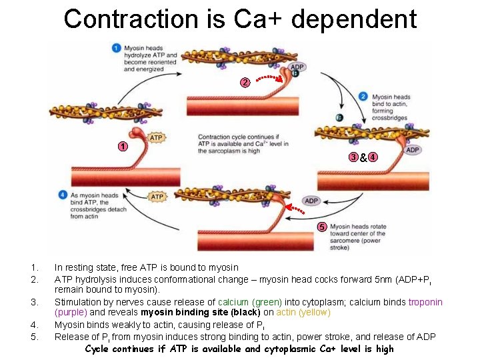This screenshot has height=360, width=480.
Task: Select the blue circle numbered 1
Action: tap(116, 48)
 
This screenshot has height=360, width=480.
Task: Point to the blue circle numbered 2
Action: tap(363, 97)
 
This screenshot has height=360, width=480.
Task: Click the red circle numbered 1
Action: tap(122, 147)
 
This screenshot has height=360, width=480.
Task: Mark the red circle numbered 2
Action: tap(245, 83)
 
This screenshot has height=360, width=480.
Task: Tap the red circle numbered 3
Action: tap(353, 157)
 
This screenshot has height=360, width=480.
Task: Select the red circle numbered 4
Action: tap(373, 157)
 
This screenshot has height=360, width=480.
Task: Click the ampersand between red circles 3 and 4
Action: tap(363, 158)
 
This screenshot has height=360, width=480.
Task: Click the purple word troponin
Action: tap(425, 302)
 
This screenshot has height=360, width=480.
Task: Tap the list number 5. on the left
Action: tap(35, 337)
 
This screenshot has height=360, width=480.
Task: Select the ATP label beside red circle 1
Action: tap(155, 138)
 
